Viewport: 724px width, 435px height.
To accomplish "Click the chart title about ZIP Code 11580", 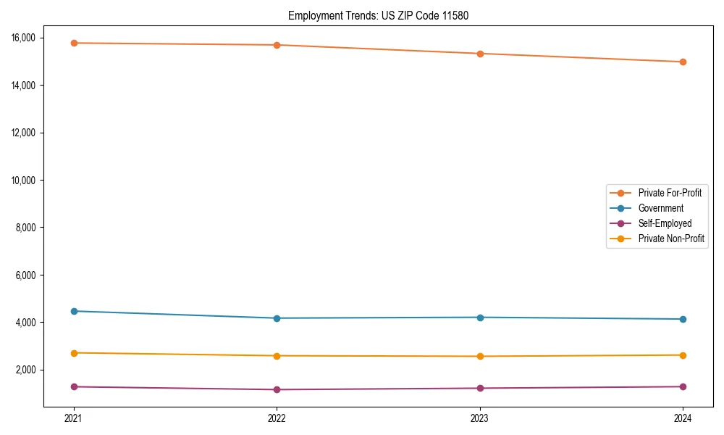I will [x=378, y=15].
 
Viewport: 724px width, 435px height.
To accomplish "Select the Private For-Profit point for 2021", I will [x=74, y=43].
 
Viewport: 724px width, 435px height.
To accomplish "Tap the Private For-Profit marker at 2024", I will [x=683, y=62].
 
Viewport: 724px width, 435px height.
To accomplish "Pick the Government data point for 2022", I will [x=277, y=318].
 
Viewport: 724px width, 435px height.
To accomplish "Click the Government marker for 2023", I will [x=480, y=317].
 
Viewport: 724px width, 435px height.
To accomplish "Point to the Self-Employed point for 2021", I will [x=74, y=386].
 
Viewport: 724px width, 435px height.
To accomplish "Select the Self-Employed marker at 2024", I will [x=683, y=386].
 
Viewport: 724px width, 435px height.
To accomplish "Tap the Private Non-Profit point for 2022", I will [x=277, y=355].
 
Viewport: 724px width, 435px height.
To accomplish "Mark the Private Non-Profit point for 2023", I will [x=480, y=356].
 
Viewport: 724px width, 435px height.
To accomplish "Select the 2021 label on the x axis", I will [x=74, y=418].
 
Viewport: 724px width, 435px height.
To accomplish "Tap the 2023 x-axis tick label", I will [x=480, y=418].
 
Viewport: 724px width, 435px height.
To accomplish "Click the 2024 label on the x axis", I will [x=683, y=418].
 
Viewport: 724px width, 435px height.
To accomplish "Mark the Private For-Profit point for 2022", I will [x=277, y=45].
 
